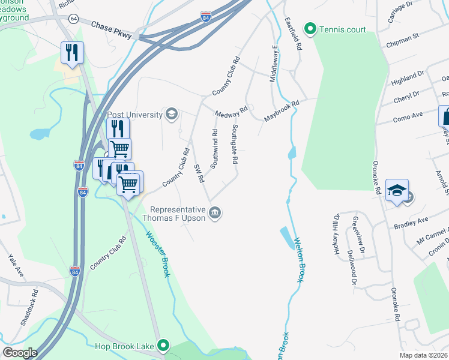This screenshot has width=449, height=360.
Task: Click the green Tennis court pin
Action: click(x=310, y=28)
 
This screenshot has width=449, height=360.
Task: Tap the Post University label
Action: click(x=135, y=115)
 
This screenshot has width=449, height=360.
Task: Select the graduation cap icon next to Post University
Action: click(x=172, y=114)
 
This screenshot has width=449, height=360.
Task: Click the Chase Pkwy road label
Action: click(x=113, y=28)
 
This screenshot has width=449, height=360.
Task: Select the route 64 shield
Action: click(x=73, y=19)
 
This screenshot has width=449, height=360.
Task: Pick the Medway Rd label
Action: click(x=231, y=113)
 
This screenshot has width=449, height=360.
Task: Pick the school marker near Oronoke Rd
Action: click(x=397, y=190)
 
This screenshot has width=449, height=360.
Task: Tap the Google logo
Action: click(x=20, y=353)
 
